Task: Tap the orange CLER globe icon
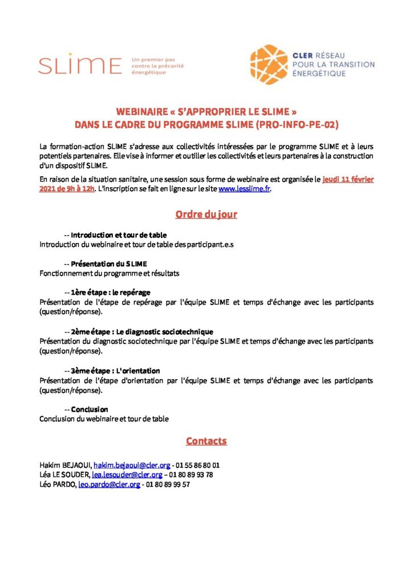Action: click(269, 64)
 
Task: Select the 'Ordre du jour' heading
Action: click(206, 214)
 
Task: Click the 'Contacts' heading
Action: click(206, 441)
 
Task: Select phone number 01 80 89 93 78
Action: click(191, 474)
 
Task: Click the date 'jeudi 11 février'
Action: click(348, 180)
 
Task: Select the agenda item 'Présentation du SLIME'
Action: click(108, 264)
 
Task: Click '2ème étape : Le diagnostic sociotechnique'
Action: click(142, 331)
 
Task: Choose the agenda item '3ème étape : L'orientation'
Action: click(115, 371)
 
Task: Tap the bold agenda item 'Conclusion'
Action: click(90, 409)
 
